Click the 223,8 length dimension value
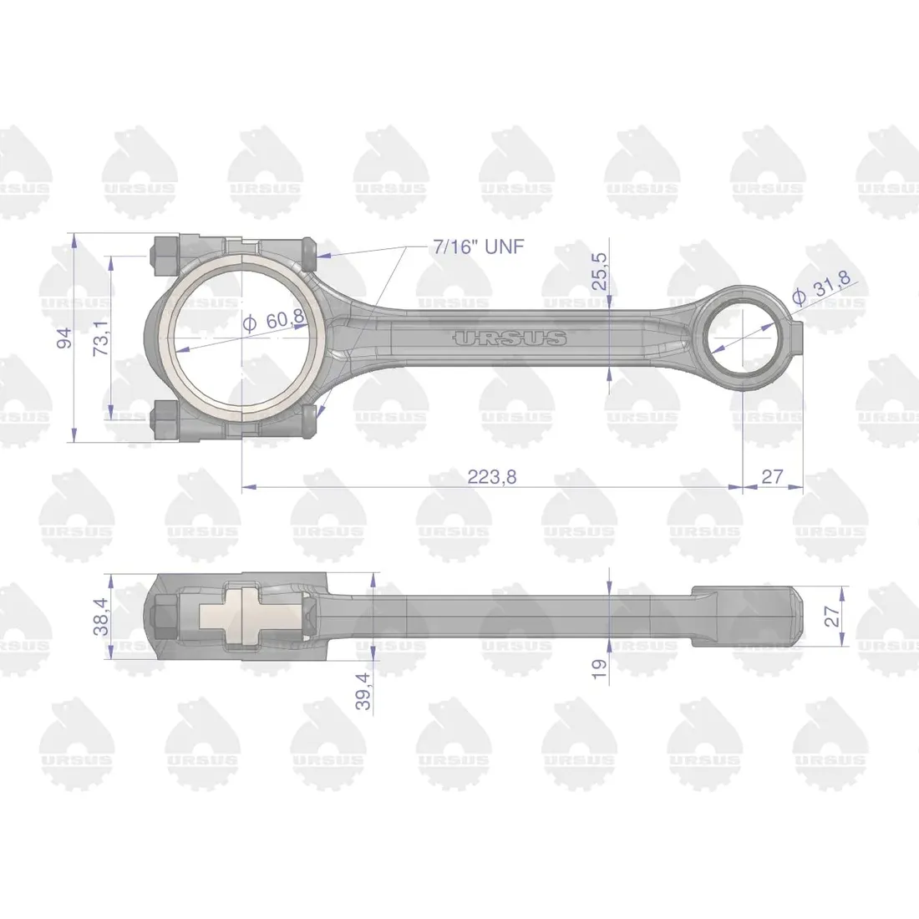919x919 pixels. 492,477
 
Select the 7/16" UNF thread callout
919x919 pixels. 470,246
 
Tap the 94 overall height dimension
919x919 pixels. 64,338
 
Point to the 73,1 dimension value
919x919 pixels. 101,338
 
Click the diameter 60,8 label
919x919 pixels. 274,320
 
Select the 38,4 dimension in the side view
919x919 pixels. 101,617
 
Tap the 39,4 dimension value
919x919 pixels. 363,691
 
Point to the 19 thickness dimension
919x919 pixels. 599,668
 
